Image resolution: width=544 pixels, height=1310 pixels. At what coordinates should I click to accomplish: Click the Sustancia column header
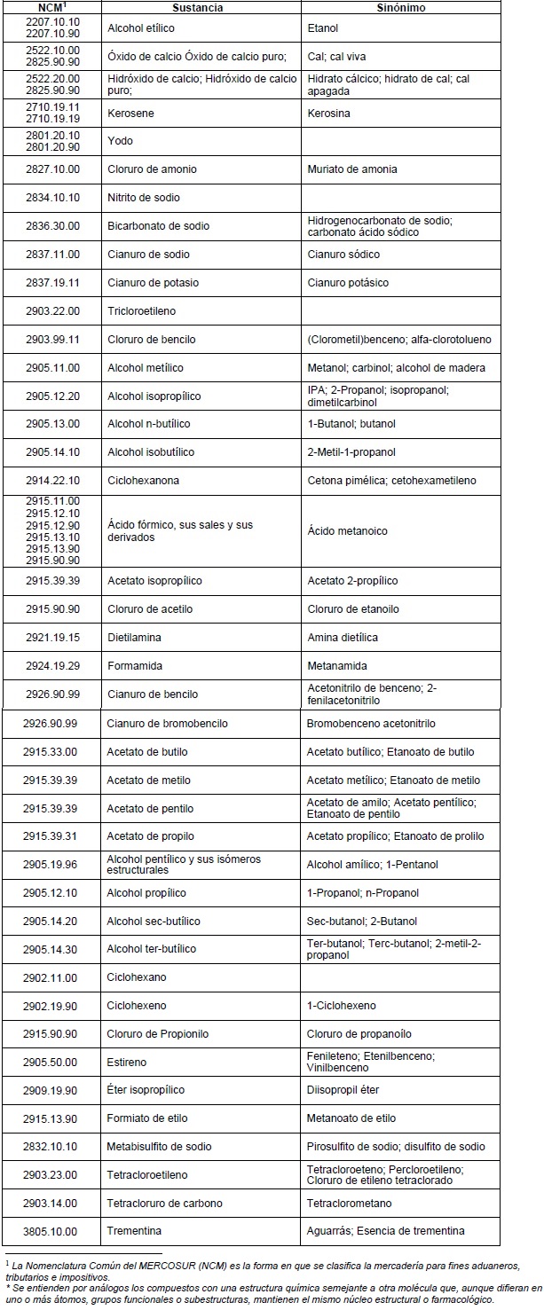pos(201,7)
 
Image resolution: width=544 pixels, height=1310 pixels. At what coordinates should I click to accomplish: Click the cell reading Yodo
pos(120,141)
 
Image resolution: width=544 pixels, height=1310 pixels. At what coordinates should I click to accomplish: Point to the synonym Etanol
pos(323,28)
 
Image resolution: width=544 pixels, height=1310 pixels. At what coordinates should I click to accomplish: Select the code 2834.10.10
pos(52,198)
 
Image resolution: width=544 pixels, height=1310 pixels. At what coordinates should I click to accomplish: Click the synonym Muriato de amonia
pos(352,169)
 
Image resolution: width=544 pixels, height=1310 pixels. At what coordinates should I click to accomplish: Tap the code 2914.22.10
pos(52,481)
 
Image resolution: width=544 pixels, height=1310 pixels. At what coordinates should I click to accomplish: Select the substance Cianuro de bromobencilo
pos(167,724)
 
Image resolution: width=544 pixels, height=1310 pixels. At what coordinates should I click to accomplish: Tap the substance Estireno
pos(127,1063)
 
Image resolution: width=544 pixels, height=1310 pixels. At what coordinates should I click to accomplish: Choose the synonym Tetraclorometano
pos(349,1204)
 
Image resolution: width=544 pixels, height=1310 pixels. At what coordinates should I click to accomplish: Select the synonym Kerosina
pos(329,114)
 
